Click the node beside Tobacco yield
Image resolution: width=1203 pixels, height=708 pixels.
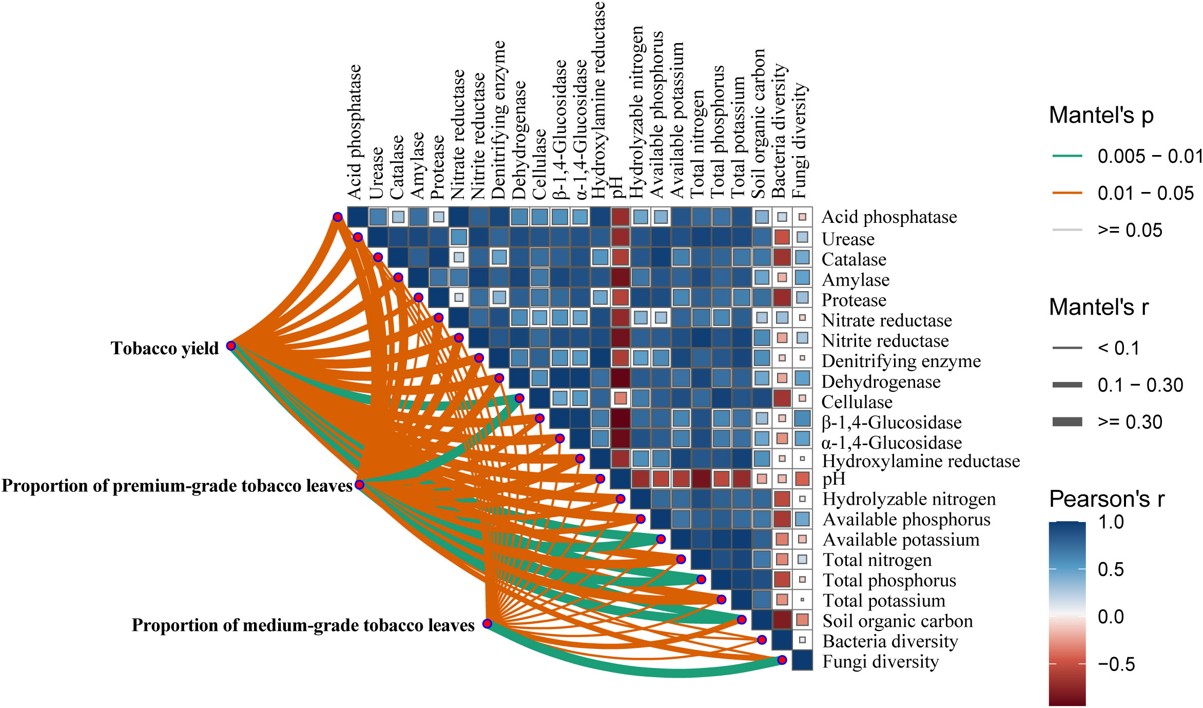click(231, 346)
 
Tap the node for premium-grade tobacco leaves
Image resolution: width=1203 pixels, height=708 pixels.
click(360, 485)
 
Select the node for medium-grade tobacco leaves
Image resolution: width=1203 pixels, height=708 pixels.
click(487, 623)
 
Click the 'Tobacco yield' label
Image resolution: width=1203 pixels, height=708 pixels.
click(165, 348)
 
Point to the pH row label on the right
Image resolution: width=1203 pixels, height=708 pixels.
click(834, 479)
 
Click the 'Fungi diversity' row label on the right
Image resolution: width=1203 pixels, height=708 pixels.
click(880, 661)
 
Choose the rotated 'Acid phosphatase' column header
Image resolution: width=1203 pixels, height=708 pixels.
click(354, 132)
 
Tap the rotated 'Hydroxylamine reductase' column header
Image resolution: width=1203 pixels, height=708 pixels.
click(598, 100)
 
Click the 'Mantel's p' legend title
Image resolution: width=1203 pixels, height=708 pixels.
click(1101, 115)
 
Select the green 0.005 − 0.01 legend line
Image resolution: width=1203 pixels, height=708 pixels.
click(1067, 156)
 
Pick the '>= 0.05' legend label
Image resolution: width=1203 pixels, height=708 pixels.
click(1130, 230)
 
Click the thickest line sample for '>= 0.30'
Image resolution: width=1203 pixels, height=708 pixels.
click(1067, 422)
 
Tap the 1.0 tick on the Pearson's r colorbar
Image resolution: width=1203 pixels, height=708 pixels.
click(1111, 522)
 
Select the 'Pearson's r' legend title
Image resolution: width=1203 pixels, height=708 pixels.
click(1106, 499)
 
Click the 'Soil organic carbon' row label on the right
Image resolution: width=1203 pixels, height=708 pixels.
click(898, 621)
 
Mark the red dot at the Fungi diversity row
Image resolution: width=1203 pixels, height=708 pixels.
click(782, 660)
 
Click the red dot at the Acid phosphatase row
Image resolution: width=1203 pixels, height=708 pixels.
click(338, 217)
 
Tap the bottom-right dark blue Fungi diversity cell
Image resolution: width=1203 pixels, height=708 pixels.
click(802, 660)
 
